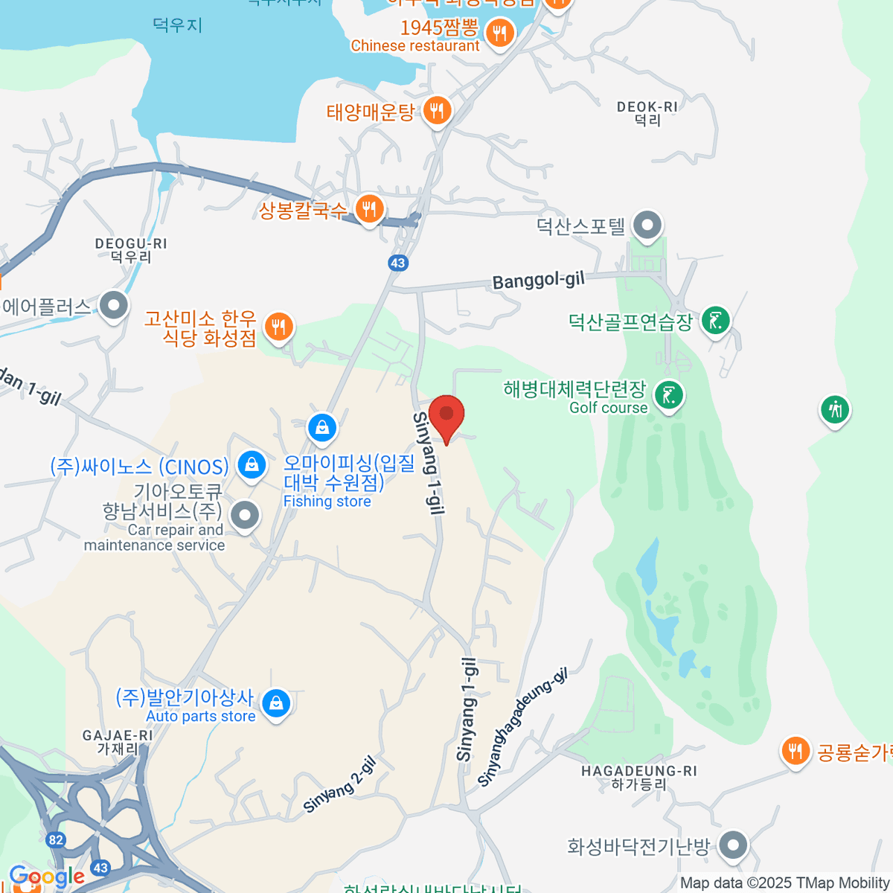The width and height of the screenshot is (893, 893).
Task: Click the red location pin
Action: point(446,415)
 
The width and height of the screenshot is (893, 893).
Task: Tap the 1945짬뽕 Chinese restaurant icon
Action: point(500,33)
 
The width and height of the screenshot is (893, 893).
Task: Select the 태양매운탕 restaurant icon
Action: point(437,112)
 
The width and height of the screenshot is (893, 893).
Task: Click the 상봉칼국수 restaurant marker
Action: point(369,209)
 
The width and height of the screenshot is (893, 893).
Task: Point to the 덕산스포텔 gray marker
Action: point(647,225)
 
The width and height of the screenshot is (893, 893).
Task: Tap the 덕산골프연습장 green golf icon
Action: point(716,321)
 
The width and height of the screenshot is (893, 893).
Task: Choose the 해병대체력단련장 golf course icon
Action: point(669,395)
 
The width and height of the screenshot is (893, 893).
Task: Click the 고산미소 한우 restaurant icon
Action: point(279,326)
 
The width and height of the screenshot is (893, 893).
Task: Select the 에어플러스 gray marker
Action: point(113,305)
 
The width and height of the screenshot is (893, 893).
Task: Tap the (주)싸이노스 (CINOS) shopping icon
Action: point(252,466)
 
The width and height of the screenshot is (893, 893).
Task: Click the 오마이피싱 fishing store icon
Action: point(322,428)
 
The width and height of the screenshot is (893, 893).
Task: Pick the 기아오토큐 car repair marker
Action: point(244,515)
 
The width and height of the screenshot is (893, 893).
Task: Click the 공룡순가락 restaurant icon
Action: point(796,751)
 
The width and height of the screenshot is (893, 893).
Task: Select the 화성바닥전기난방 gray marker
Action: point(734,845)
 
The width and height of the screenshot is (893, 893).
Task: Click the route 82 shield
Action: point(56,840)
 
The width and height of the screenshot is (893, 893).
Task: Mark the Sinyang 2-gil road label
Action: point(339,786)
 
